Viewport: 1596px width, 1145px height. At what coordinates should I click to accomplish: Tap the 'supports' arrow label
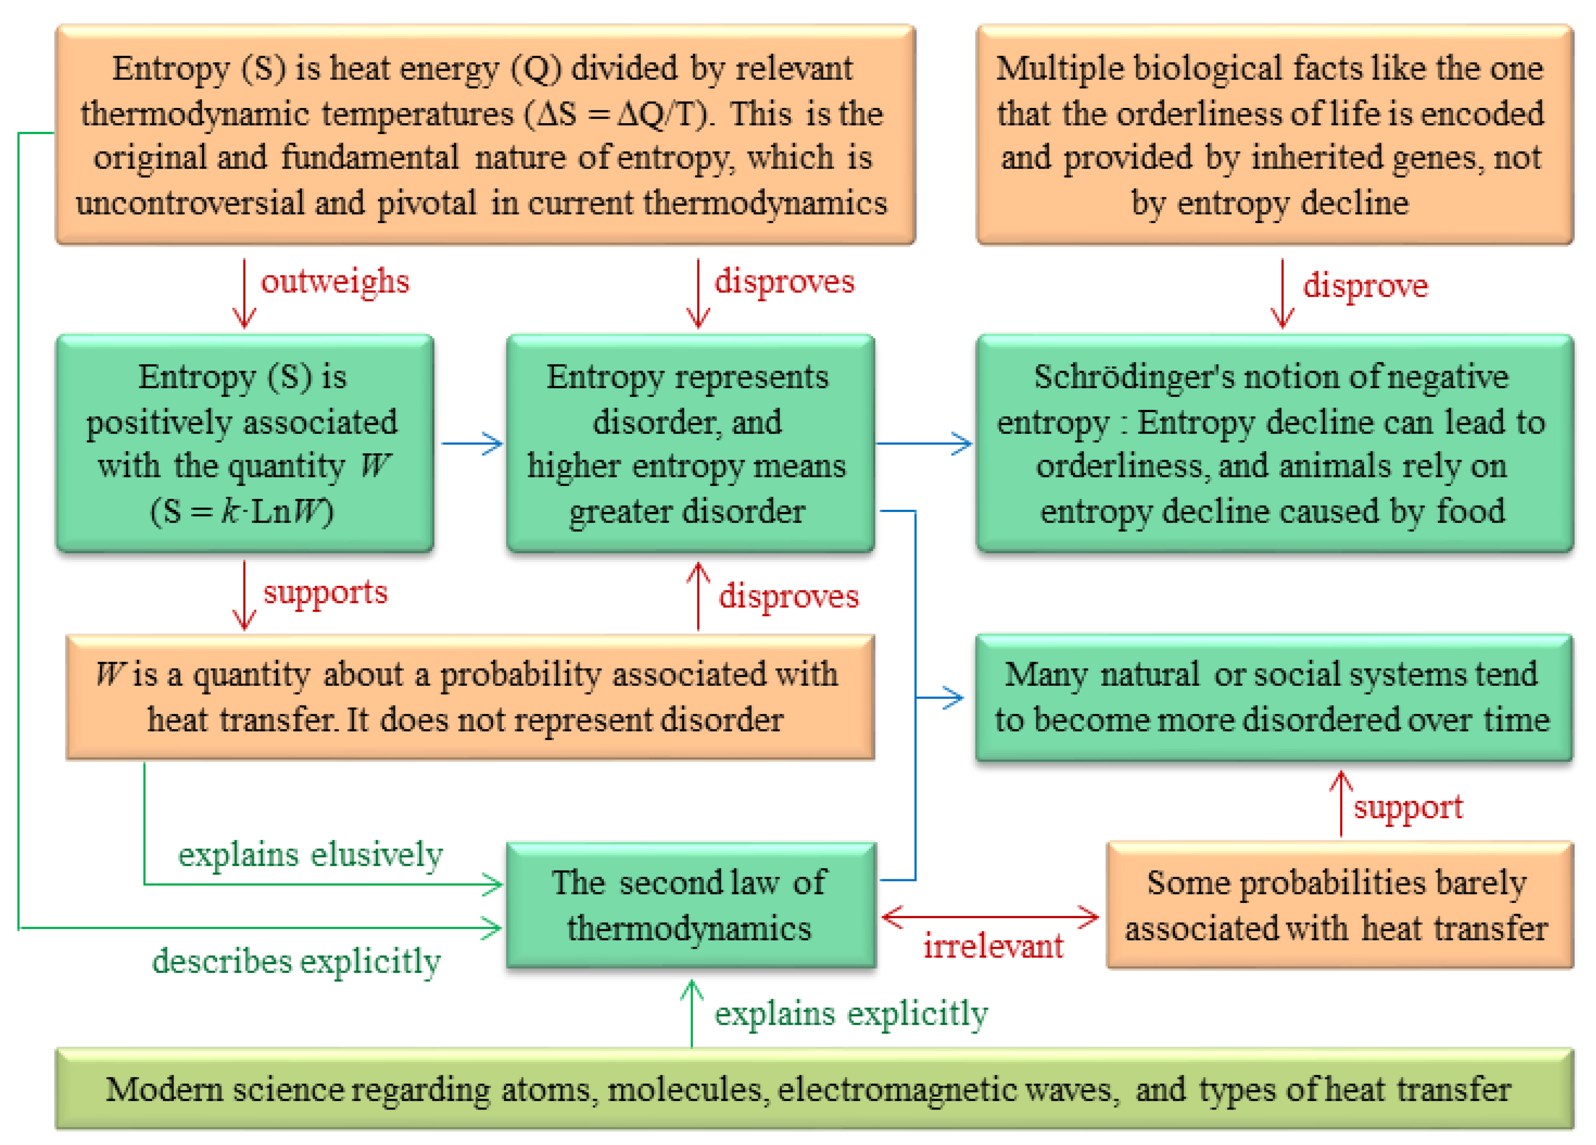325,593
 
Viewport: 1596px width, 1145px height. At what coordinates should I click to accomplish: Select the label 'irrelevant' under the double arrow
993,946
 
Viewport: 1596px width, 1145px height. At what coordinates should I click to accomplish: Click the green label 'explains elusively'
310,855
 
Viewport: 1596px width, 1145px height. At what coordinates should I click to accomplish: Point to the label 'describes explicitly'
296,961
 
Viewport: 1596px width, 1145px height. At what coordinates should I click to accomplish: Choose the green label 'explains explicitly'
851,1014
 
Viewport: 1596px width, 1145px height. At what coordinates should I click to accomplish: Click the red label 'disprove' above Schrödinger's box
1365,286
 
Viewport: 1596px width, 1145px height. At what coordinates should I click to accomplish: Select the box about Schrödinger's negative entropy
1275,443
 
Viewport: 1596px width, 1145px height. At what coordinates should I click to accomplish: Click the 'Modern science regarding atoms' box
814,1089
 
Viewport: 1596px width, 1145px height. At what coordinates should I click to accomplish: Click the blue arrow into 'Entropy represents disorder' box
472,443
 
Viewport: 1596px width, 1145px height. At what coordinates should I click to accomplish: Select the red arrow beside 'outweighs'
244,294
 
